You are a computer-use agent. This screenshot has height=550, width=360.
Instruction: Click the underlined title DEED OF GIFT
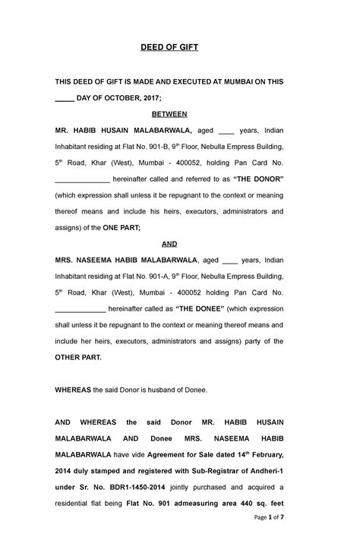coord(170,47)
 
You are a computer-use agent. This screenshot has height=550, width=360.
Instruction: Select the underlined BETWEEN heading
coord(170,113)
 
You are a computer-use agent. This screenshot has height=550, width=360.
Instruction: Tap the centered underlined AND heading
coord(170,244)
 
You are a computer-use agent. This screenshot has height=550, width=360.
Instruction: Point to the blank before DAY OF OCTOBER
coord(65,97)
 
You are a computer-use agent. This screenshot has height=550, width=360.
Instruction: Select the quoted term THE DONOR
coord(258,179)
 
